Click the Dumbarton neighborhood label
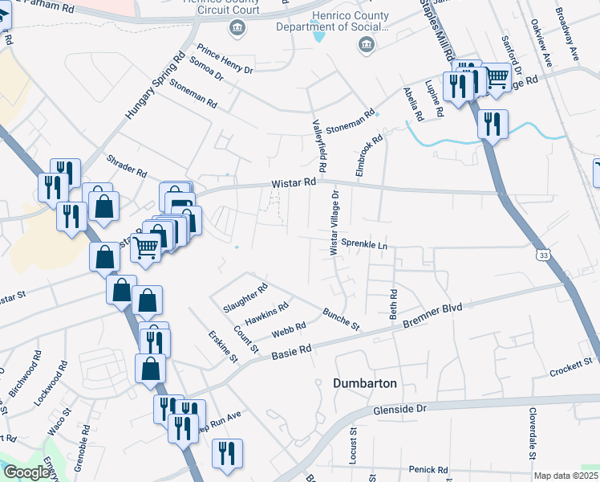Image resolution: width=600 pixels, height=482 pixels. [365, 383]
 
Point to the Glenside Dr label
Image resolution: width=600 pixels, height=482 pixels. [400, 409]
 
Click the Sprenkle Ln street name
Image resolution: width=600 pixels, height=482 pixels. [364, 243]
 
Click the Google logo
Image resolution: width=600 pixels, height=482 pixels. [26, 472]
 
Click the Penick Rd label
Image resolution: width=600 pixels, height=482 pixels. [427, 469]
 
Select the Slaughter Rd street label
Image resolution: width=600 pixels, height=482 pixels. [245, 298]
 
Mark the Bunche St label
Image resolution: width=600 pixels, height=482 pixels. [342, 318]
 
